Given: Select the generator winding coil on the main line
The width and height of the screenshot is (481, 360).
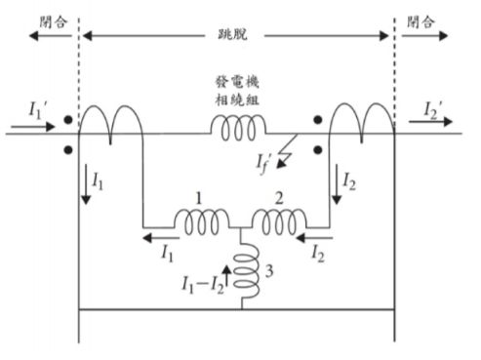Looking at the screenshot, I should click(239, 126).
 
